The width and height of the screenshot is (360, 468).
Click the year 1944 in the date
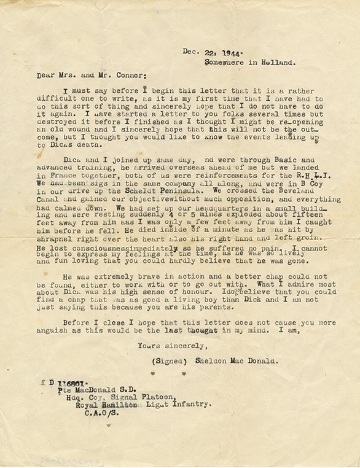pos(228,52)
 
